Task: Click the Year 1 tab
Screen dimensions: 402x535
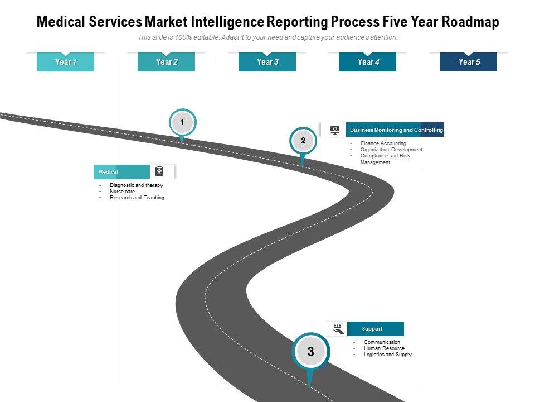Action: tap(66, 62)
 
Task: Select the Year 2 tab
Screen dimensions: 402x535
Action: tap(167, 62)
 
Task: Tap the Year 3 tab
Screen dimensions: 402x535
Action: tap(267, 62)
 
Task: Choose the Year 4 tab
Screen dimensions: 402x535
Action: tap(368, 62)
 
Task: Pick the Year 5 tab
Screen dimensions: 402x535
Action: tap(469, 62)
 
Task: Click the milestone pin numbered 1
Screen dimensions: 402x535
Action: tap(182, 122)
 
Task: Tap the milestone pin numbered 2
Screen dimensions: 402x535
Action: tap(303, 141)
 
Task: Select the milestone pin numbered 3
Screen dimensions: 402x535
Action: tap(310, 352)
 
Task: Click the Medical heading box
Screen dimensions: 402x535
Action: tap(122, 172)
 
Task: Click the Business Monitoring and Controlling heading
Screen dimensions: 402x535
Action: tap(396, 130)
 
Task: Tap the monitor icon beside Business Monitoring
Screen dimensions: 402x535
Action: tap(334, 130)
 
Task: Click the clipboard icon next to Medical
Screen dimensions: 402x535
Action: tap(160, 171)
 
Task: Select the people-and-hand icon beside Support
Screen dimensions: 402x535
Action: tap(337, 328)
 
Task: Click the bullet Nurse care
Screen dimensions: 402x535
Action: tap(122, 192)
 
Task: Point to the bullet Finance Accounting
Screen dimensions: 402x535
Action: tap(383, 143)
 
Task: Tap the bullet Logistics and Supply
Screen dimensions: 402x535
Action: tap(387, 355)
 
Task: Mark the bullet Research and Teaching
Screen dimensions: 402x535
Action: tap(137, 198)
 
